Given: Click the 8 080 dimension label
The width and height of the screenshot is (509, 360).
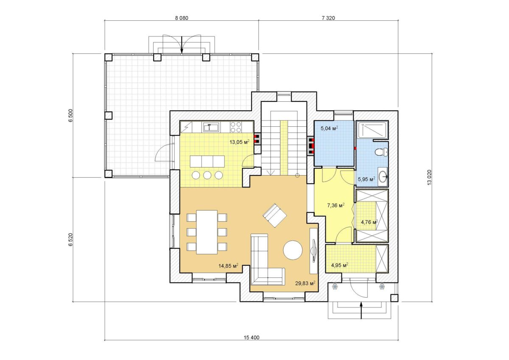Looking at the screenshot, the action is pos(182,18).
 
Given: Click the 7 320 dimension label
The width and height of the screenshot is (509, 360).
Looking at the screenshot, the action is pos(328,18).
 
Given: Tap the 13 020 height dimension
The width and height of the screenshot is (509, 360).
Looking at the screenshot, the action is pos(429,177).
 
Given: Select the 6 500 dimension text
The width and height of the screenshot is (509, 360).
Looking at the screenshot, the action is pos(71,116).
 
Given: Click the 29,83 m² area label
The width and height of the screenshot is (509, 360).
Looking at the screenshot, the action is pos(305,283).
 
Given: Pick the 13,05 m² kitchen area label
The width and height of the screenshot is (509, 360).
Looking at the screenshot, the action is pos(240,142).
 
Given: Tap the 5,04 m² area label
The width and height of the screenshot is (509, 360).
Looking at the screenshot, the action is pos(329,128).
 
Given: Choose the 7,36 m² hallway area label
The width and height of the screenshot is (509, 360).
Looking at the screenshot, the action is pos(336,206).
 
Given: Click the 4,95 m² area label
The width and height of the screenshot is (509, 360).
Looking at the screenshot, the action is pos(340,265).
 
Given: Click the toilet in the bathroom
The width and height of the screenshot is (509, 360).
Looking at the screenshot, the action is pos(381,152).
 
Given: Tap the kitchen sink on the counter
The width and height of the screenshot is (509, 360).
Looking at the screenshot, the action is pos(211,127).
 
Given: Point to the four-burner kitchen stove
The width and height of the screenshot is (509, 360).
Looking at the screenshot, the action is pos(236,127).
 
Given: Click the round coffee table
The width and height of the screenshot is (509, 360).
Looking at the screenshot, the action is pos(293,250).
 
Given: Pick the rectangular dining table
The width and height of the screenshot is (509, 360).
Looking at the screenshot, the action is pos(207,232).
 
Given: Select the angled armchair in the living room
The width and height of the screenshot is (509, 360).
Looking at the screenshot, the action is pos(275,215).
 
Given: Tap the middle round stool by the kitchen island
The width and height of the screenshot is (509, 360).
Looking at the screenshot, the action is pos(207,175).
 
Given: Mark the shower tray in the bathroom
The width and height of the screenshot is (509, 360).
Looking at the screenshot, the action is pos(372,130).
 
